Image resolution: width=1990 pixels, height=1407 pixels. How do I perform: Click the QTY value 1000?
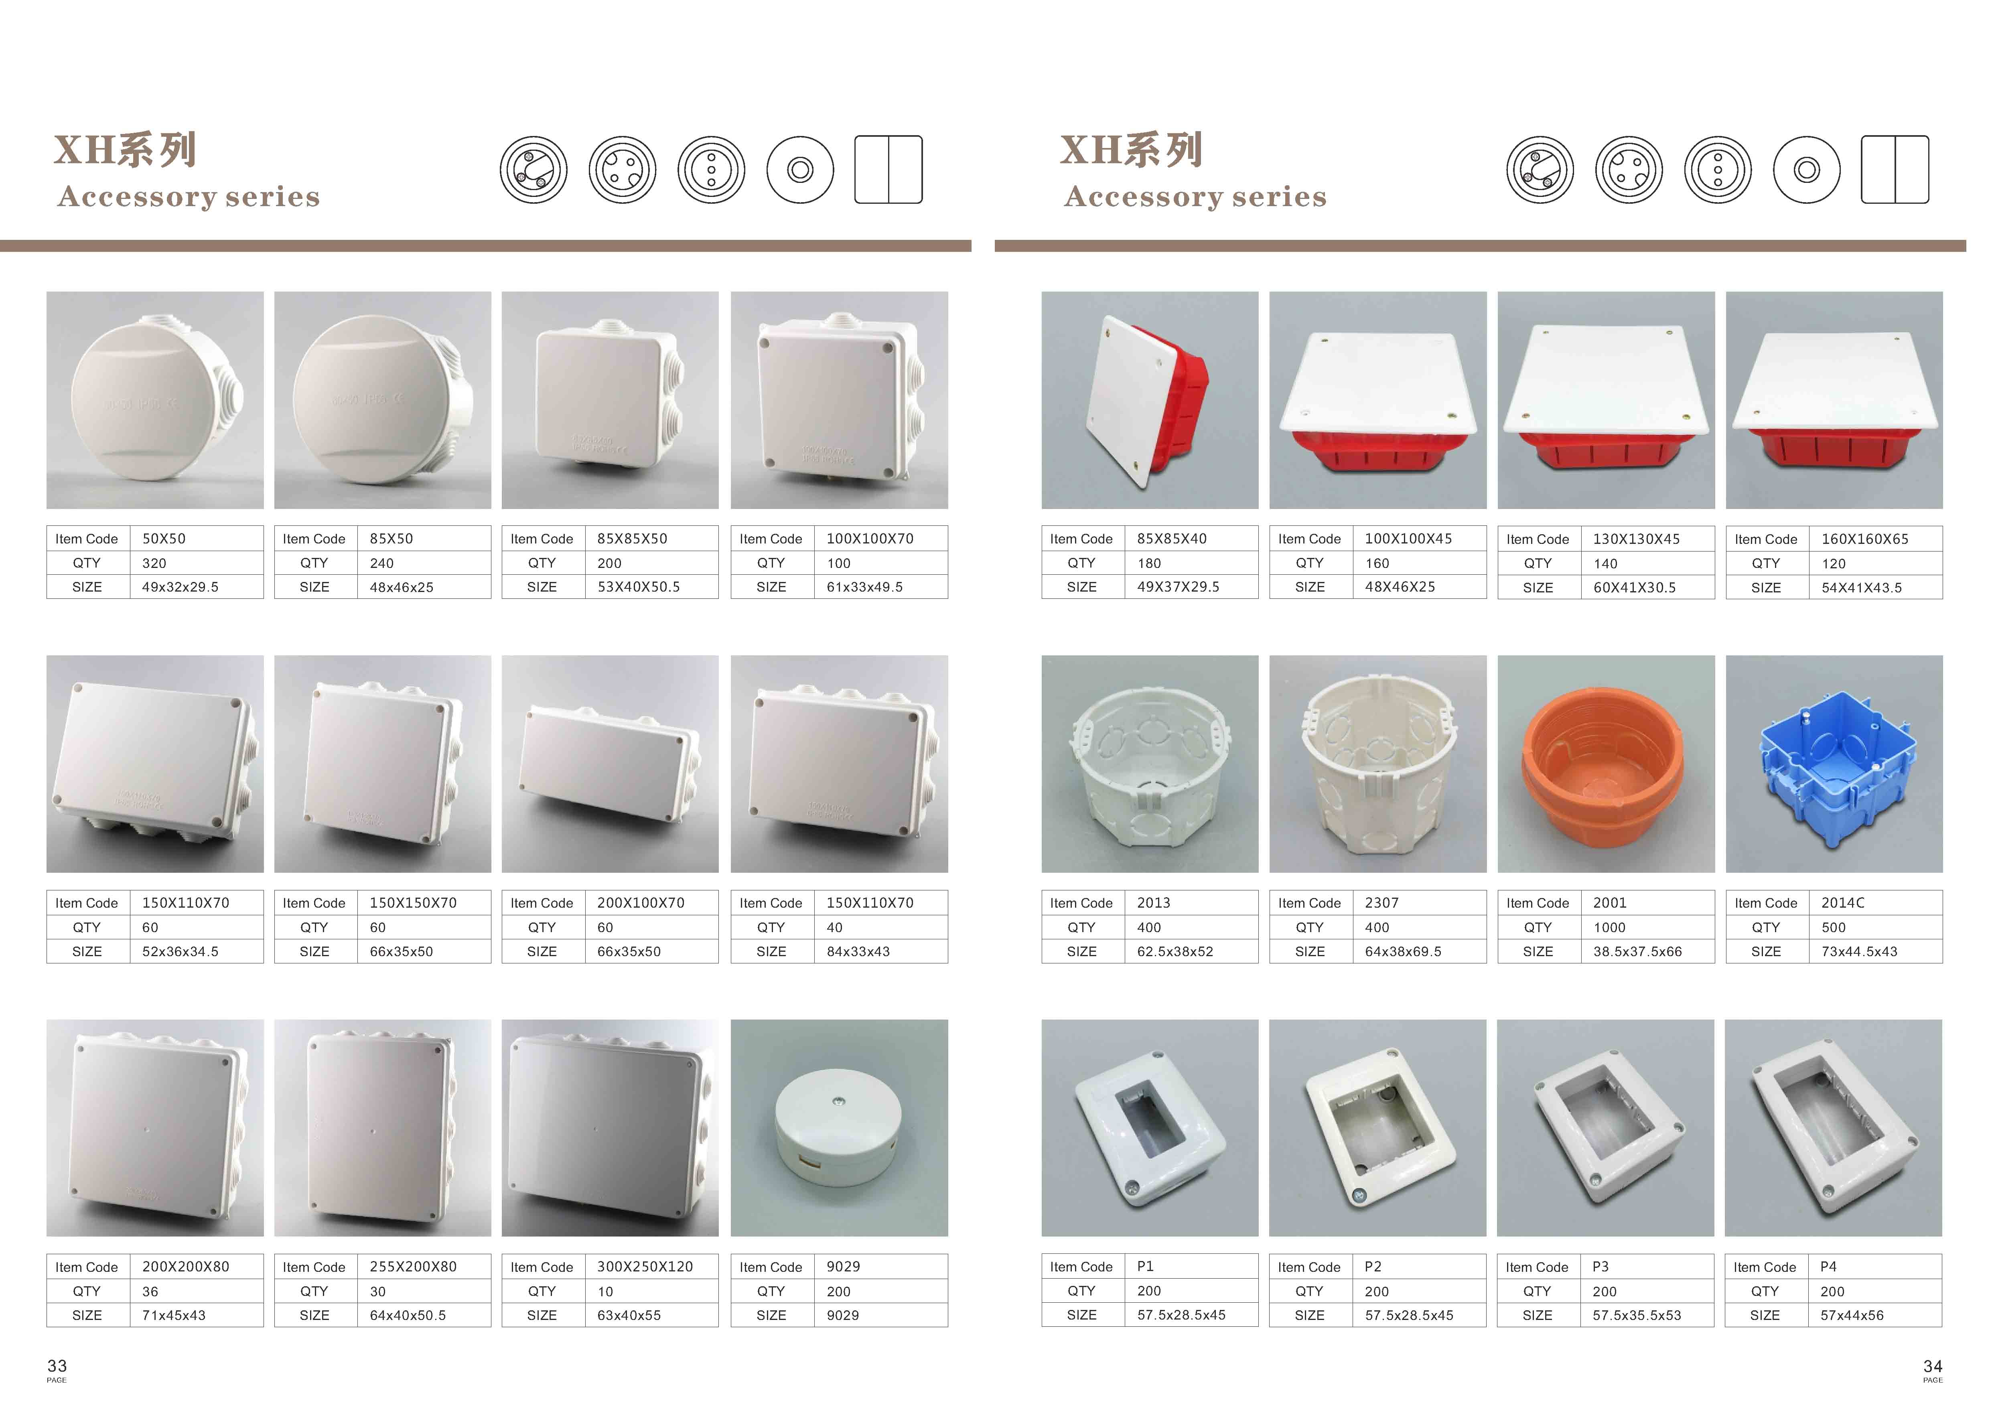tap(1609, 927)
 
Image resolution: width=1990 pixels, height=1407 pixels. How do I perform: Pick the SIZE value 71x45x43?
tap(174, 1315)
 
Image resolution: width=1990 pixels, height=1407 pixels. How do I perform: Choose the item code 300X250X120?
tap(645, 1267)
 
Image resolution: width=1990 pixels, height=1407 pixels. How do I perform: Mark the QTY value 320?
tap(154, 563)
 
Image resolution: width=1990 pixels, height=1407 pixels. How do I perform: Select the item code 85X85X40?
tap(1172, 539)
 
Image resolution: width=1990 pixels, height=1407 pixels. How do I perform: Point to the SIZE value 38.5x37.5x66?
tap(1637, 951)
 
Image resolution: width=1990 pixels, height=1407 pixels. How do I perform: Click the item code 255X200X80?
tap(414, 1267)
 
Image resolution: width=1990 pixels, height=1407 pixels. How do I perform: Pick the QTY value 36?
tap(150, 1291)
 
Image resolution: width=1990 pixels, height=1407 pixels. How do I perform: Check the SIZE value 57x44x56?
tap(1852, 1315)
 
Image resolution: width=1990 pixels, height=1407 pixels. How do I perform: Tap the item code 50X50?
tap(164, 539)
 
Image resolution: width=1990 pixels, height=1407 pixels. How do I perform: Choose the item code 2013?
tap(1154, 903)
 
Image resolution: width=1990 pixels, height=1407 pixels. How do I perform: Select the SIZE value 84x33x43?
tap(858, 951)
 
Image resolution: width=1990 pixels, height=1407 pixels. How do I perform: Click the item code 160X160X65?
tap(1865, 539)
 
